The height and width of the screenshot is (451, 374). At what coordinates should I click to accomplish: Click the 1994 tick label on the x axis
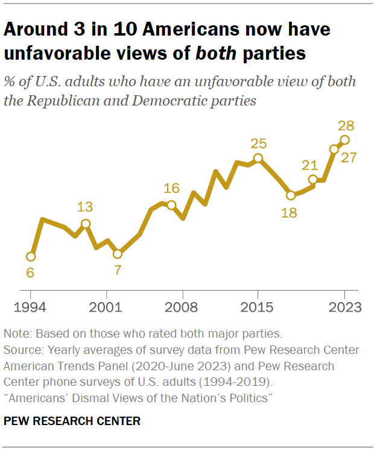[30, 306]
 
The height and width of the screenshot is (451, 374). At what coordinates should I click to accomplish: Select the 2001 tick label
[107, 306]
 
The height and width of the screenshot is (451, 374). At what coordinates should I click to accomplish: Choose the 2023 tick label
[345, 306]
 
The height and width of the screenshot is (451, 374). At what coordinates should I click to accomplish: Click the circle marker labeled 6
[31, 256]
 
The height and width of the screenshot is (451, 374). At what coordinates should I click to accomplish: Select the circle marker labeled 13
[86, 224]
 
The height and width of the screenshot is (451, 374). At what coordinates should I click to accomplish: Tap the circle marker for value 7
[118, 254]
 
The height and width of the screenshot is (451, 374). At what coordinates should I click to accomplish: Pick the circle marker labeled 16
[171, 205]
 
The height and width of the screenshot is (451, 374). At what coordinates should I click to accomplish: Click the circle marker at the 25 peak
[258, 159]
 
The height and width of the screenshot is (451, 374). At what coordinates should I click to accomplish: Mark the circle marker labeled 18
[291, 195]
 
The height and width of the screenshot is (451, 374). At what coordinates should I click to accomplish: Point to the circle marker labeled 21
[312, 180]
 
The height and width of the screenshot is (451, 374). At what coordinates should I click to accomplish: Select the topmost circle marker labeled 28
[345, 140]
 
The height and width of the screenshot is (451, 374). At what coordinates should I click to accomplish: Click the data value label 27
[349, 158]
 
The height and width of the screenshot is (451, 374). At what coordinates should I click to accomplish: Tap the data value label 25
[259, 143]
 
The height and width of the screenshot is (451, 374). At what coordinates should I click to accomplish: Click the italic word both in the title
[216, 54]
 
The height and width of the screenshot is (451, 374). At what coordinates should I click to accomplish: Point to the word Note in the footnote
[15, 333]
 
